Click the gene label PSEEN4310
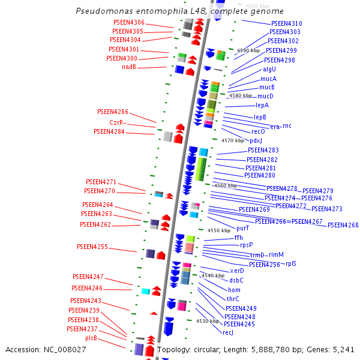[286, 23]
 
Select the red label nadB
[129, 67]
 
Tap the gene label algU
[269, 69]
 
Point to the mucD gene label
[265, 96]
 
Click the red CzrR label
[117, 122]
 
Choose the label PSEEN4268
[343, 225]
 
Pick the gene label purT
[242, 228]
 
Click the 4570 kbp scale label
[233, 140]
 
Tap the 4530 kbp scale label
[207, 322]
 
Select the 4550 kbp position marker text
[219, 230]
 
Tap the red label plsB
[91, 338]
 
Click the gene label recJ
[227, 332]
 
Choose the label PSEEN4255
[92, 247]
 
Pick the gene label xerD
[238, 271]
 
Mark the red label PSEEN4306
[128, 22]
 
